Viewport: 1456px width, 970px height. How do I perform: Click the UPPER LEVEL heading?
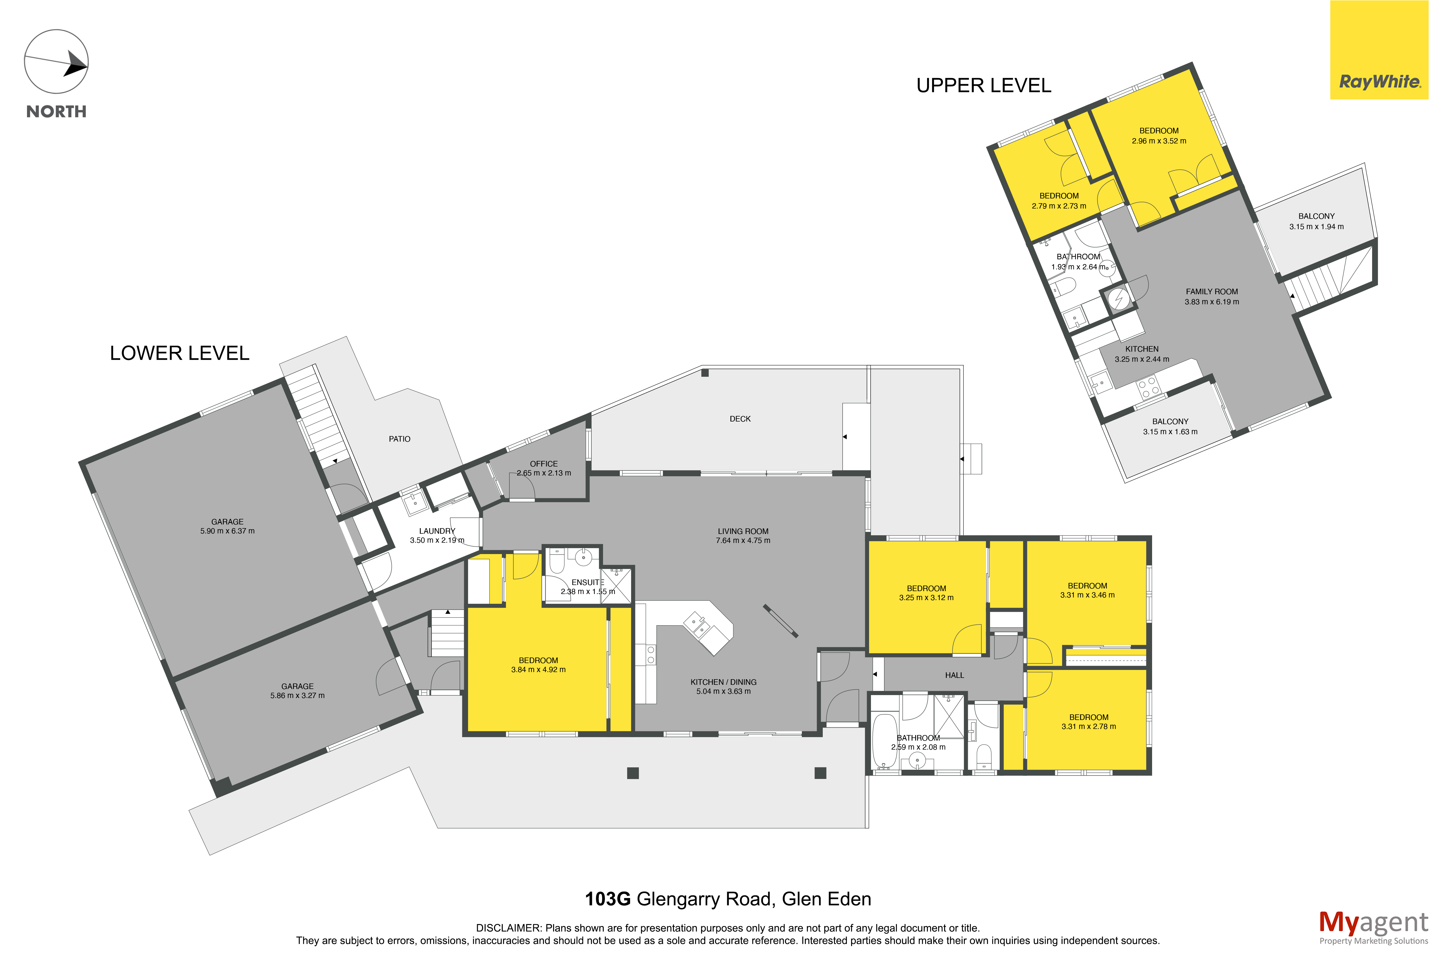tap(983, 85)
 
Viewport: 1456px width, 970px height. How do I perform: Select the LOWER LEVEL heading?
tap(179, 353)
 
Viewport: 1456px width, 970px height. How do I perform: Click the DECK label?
tap(740, 419)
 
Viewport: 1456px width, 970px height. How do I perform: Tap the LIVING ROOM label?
tap(743, 531)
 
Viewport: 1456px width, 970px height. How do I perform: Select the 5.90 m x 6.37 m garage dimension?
tap(227, 531)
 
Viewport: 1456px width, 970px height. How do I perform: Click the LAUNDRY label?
tap(437, 531)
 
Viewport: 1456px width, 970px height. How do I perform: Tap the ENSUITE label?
tap(587, 582)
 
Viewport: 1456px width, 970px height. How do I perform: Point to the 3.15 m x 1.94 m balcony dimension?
tap(1316, 226)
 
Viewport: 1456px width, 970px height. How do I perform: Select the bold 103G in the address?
tap(608, 899)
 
